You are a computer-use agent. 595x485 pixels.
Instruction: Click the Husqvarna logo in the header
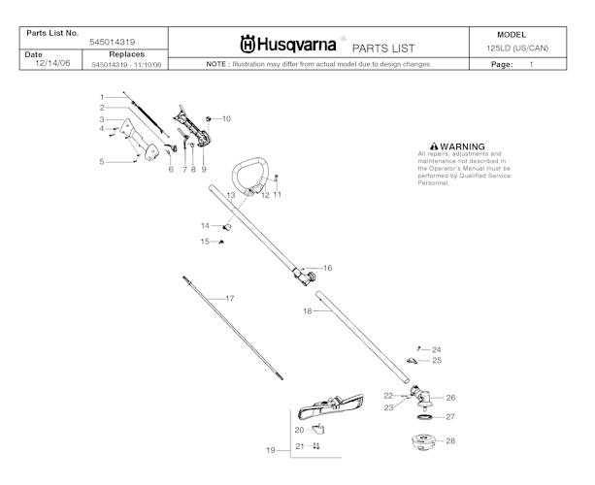[288, 45]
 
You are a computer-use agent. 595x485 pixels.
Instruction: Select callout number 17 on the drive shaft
[230, 298]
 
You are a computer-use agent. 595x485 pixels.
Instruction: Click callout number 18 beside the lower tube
[307, 311]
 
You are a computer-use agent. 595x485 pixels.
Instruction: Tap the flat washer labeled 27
[423, 416]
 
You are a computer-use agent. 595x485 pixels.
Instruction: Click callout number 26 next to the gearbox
[450, 398]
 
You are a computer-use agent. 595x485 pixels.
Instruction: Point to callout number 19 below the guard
[271, 450]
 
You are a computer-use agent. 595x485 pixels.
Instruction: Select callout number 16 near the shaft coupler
[327, 268]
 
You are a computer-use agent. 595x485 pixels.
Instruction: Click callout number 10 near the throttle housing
[226, 118]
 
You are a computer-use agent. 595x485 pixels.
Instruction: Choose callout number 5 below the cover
[102, 162]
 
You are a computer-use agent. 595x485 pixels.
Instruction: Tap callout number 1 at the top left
[102, 97]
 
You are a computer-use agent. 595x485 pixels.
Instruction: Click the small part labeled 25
[413, 361]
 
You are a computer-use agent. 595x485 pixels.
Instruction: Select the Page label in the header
[502, 64]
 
